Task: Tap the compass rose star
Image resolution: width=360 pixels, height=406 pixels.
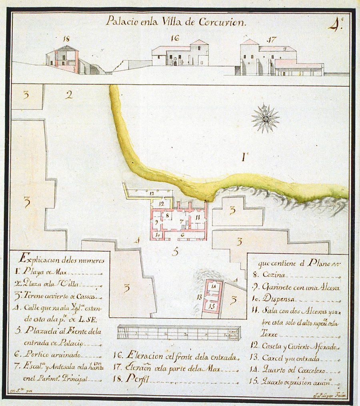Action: tap(265, 119)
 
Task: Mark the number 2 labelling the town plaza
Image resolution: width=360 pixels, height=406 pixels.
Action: tap(69, 95)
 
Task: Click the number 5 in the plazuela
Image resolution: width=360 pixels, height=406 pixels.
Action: tap(175, 252)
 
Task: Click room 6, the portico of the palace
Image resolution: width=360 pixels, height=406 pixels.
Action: tap(182, 235)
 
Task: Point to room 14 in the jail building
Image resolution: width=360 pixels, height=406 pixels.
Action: tap(214, 287)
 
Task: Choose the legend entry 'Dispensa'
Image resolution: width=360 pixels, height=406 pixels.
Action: tap(280, 299)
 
